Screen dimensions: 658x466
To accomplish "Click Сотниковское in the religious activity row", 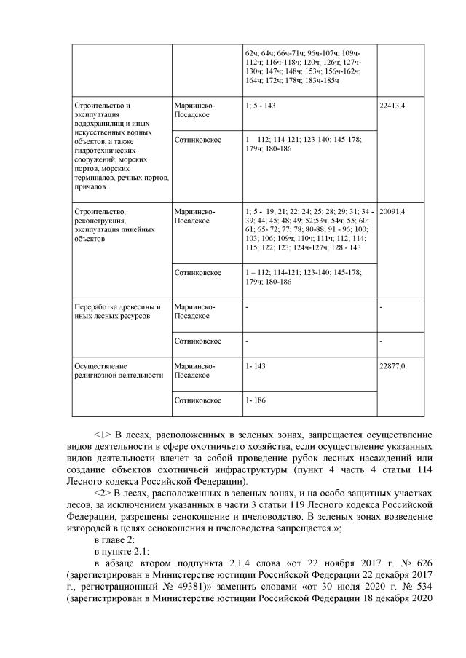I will coord(197,400).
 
